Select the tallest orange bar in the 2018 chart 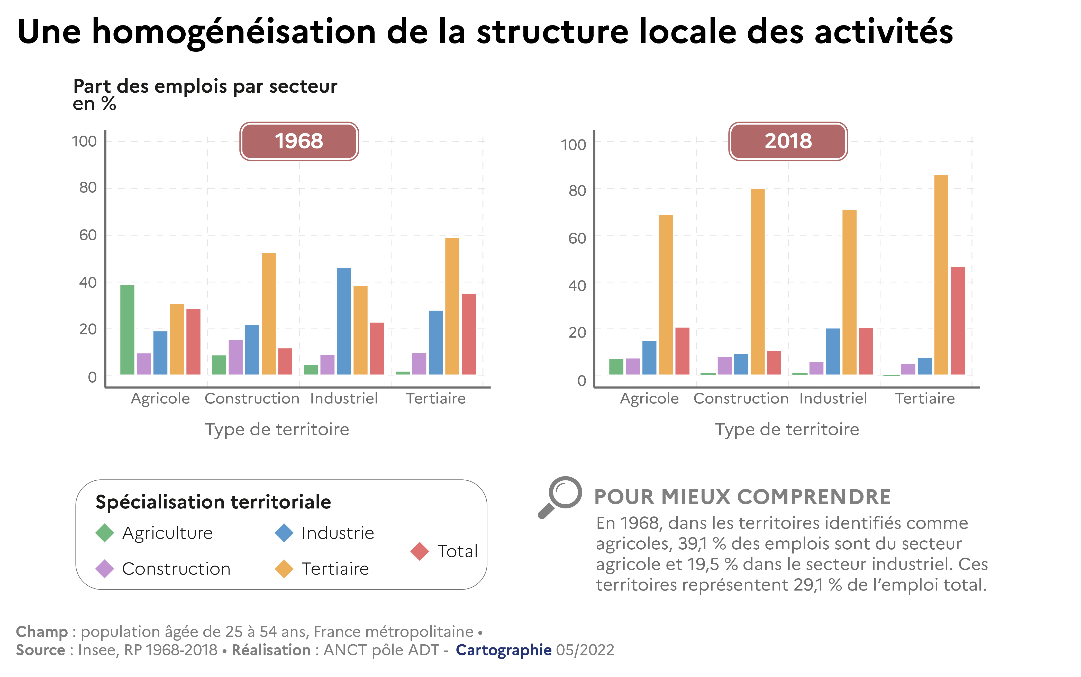pos(941,275)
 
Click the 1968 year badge pos(299,141)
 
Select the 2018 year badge pos(788,141)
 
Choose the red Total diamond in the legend pos(420,551)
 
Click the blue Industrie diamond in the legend pos(284,533)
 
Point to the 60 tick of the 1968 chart pos(88,235)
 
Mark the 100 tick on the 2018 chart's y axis pos(573,145)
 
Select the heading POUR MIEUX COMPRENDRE pos(742,497)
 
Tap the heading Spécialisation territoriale pos(213,502)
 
